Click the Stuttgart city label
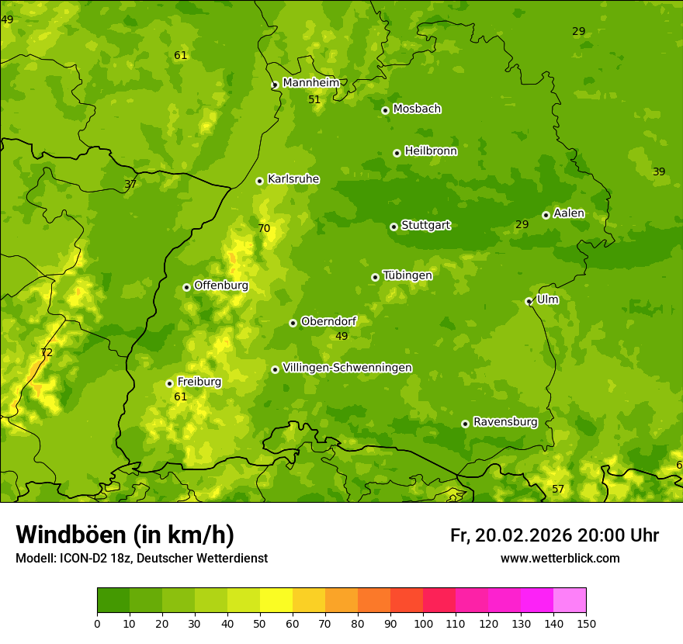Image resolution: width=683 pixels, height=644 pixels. (x=425, y=226)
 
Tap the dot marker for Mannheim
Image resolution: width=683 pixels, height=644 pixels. (x=275, y=85)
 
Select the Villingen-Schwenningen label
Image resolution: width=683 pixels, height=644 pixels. (x=347, y=368)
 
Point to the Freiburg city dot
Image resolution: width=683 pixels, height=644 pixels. (x=169, y=383)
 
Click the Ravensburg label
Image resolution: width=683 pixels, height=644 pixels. (x=505, y=422)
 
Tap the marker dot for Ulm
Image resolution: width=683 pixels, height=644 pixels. (x=529, y=301)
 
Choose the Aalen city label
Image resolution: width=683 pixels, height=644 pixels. (x=569, y=213)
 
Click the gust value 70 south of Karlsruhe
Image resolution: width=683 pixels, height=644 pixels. (x=264, y=228)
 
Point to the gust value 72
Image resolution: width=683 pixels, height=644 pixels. (x=47, y=353)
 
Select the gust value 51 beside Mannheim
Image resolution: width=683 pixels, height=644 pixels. (x=314, y=100)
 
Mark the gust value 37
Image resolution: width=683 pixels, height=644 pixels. (x=130, y=185)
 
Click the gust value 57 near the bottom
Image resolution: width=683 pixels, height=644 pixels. (x=558, y=490)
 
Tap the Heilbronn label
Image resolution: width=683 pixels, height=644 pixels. (x=431, y=151)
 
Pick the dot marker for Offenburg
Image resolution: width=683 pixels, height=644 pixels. (x=186, y=287)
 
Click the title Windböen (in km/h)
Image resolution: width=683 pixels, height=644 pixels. (x=125, y=535)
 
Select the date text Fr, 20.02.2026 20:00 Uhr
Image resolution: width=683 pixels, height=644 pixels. (x=554, y=535)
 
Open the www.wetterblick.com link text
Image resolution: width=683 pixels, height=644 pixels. (x=560, y=559)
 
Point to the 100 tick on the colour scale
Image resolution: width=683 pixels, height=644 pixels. (x=423, y=624)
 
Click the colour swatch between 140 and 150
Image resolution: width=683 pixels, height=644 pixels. (x=570, y=600)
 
